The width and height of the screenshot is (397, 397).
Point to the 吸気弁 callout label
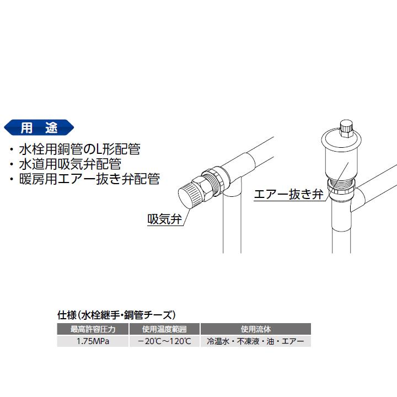[165, 218]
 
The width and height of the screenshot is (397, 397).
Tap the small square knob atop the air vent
[347, 130]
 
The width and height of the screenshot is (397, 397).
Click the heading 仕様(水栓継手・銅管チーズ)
[116, 315]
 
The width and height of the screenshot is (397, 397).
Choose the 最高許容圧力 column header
[93, 330]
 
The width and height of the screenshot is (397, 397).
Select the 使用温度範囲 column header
[164, 330]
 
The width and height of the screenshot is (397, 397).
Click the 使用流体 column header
[256, 330]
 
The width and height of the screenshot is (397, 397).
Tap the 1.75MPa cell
[93, 342]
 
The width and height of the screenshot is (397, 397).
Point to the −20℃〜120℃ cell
[164, 342]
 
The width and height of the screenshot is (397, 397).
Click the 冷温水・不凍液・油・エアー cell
[256, 342]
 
